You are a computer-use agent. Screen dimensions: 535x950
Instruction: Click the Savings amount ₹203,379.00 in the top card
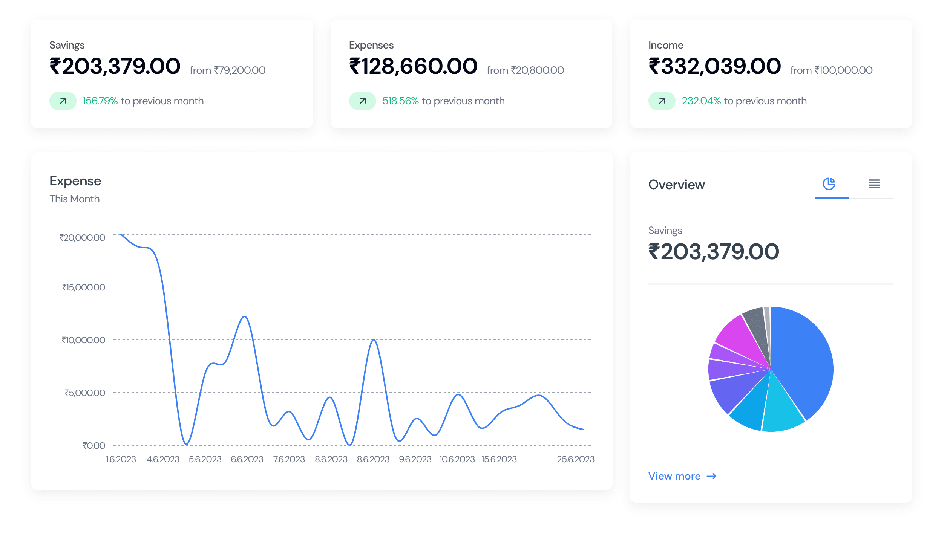tap(115, 66)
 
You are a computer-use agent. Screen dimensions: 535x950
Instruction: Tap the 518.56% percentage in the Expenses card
tap(400, 101)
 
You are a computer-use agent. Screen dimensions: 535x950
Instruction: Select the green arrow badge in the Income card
tap(662, 101)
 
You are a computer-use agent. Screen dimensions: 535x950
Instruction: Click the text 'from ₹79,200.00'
tap(227, 70)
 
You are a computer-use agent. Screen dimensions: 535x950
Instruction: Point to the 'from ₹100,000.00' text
tap(831, 70)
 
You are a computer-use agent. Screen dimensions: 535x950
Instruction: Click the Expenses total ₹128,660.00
tap(413, 66)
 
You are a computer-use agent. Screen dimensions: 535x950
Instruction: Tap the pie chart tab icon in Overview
tap(829, 184)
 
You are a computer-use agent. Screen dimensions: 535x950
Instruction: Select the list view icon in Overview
tap(874, 184)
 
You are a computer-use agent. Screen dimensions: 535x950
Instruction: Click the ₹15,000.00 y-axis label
tap(83, 287)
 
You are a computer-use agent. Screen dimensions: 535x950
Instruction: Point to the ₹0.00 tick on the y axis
tap(93, 446)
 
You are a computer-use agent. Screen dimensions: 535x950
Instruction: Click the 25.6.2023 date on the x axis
tap(575, 459)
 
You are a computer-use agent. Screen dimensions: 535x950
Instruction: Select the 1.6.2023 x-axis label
tap(121, 459)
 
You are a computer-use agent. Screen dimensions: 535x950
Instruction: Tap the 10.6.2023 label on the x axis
tap(457, 459)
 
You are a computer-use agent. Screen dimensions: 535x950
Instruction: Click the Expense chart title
tap(75, 181)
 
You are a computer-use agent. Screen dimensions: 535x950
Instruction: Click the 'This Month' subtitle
tap(75, 199)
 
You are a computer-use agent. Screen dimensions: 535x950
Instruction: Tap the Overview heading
tap(676, 185)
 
